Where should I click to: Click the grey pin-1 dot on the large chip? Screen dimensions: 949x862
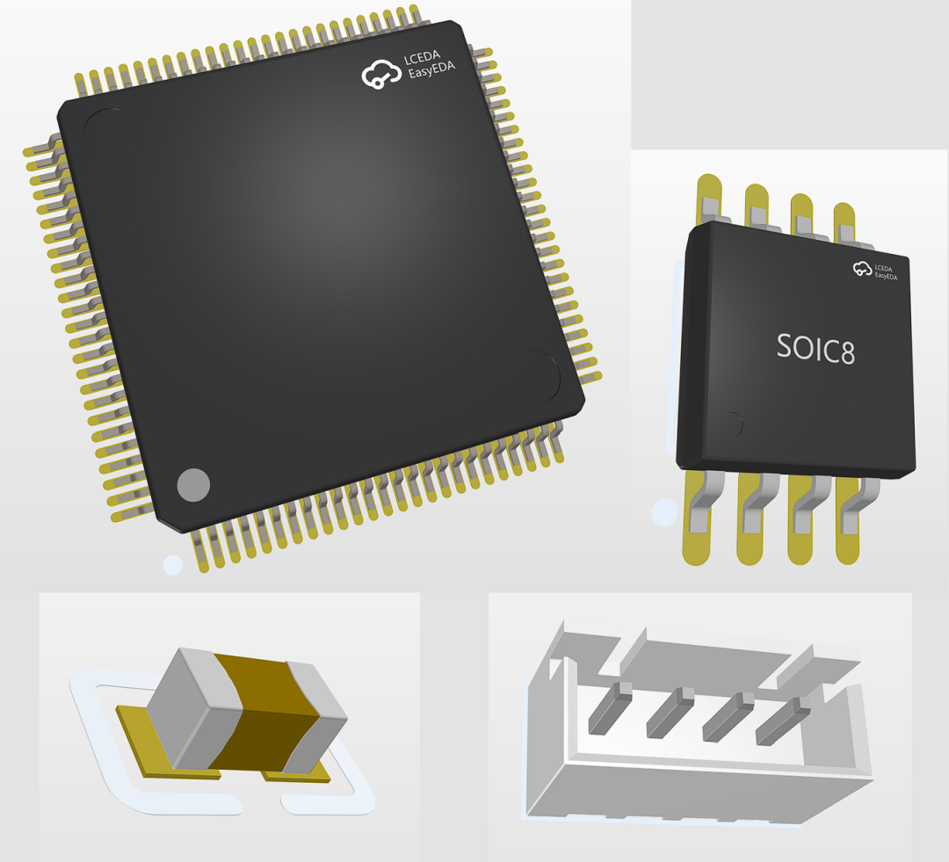(193, 484)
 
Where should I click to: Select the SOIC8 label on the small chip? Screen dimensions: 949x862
(815, 348)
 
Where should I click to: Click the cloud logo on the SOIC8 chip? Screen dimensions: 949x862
(863, 268)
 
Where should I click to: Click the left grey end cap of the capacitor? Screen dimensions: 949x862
(193, 708)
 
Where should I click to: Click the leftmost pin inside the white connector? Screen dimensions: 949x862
(610, 708)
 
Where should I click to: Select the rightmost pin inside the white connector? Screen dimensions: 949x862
(782, 721)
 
